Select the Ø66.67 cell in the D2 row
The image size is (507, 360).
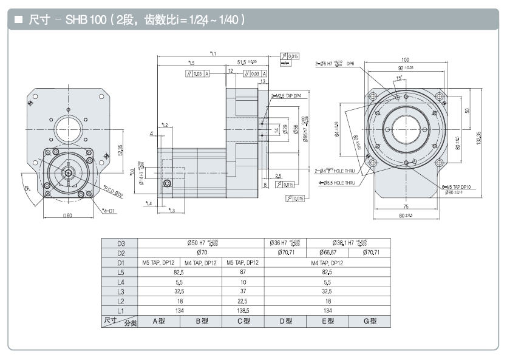(327, 253)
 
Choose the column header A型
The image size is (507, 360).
(158, 321)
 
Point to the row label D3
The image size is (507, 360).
(121, 243)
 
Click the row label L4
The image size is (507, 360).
(121, 282)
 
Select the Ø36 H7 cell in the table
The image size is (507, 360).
(286, 243)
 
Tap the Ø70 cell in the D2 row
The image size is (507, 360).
(201, 253)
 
